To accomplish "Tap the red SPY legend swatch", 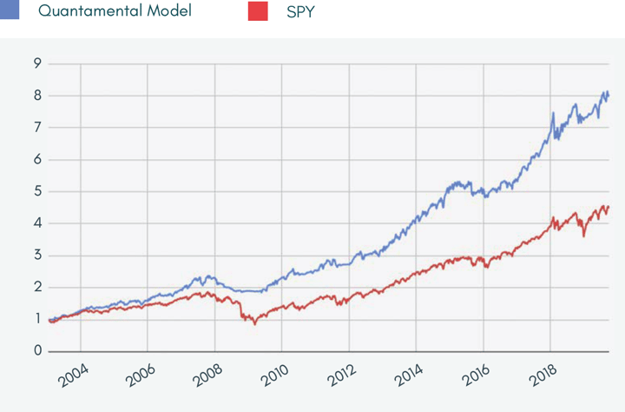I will click(257, 11).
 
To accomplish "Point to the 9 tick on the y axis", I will click(37, 63).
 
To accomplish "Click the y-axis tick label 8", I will click(37, 96).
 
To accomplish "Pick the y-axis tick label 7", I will click(37, 128).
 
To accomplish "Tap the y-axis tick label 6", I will click(37, 160).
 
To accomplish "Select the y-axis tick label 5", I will click(37, 191).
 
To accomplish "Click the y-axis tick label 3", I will click(37, 256).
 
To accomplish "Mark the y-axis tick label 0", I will click(37, 351).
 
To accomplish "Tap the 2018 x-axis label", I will click(543, 379).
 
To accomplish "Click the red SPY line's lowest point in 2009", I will click(255, 323).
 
